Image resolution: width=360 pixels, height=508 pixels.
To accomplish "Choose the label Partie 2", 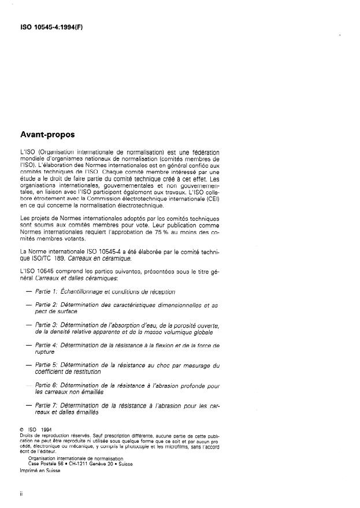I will pyautogui.click(x=46, y=305).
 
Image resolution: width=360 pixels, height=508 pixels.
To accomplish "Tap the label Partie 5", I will pyautogui.click(x=46, y=365).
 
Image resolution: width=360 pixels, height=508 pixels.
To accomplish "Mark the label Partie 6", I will pyautogui.click(x=46, y=385).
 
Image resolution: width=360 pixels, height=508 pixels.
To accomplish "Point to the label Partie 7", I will pyautogui.click(x=46, y=405).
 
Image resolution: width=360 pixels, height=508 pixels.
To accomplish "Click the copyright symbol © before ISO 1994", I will pyautogui.click(x=21, y=431).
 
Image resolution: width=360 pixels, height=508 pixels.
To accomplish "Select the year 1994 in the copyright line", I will pyautogui.click(x=46, y=431).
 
